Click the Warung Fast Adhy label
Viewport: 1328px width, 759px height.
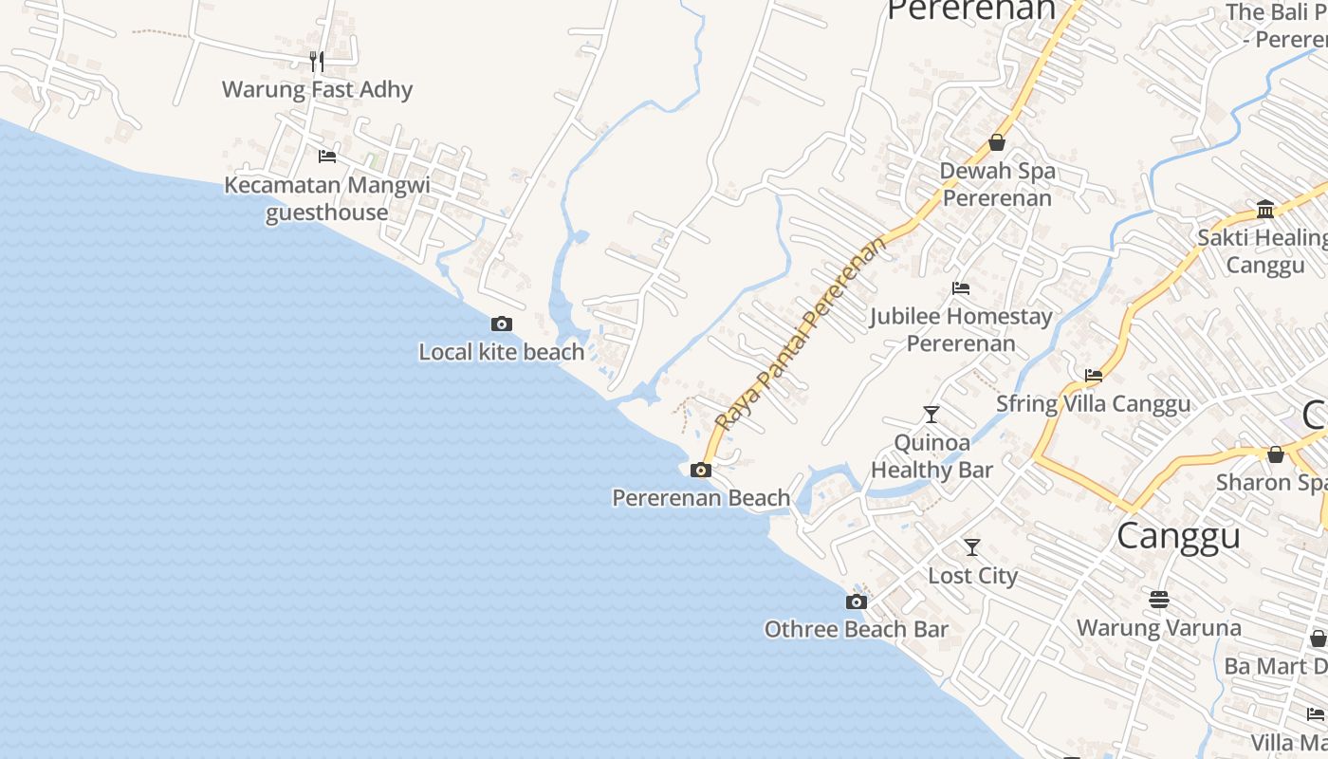coord(317,90)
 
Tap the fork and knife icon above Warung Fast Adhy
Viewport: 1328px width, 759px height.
coord(317,62)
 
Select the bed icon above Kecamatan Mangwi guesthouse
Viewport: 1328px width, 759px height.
coord(327,156)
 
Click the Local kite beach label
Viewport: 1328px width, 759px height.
coord(501,352)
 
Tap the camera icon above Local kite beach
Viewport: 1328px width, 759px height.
coord(502,324)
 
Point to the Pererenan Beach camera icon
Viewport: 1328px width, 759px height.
coord(701,470)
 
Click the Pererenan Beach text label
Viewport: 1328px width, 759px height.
coord(701,498)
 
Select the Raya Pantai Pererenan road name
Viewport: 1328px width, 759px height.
coord(802,333)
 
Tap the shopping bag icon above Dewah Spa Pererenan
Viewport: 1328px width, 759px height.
coord(997,142)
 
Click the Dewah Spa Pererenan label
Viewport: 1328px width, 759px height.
coord(997,185)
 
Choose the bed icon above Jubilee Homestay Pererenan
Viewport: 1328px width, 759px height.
coord(961,288)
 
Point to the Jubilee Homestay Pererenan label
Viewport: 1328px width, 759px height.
coord(961,329)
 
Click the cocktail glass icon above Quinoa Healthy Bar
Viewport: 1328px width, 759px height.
coord(931,415)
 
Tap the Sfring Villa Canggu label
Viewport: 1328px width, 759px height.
coord(1093,404)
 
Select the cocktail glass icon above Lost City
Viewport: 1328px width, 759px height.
coord(972,547)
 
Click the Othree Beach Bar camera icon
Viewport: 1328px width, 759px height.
coord(857,602)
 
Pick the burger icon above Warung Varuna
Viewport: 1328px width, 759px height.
coord(1158,600)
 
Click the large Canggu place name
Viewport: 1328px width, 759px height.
coord(1178,536)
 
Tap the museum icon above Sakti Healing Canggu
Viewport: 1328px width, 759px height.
coord(1265,209)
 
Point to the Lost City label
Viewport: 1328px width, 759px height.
coord(972,576)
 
